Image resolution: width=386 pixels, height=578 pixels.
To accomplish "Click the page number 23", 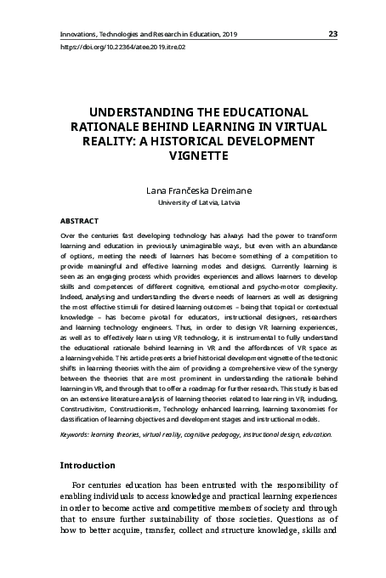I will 332,33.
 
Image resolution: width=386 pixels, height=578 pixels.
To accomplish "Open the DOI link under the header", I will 122,48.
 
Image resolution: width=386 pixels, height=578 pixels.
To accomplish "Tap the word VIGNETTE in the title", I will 193,156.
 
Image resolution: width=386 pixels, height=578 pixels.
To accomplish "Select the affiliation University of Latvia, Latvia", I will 192,204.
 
